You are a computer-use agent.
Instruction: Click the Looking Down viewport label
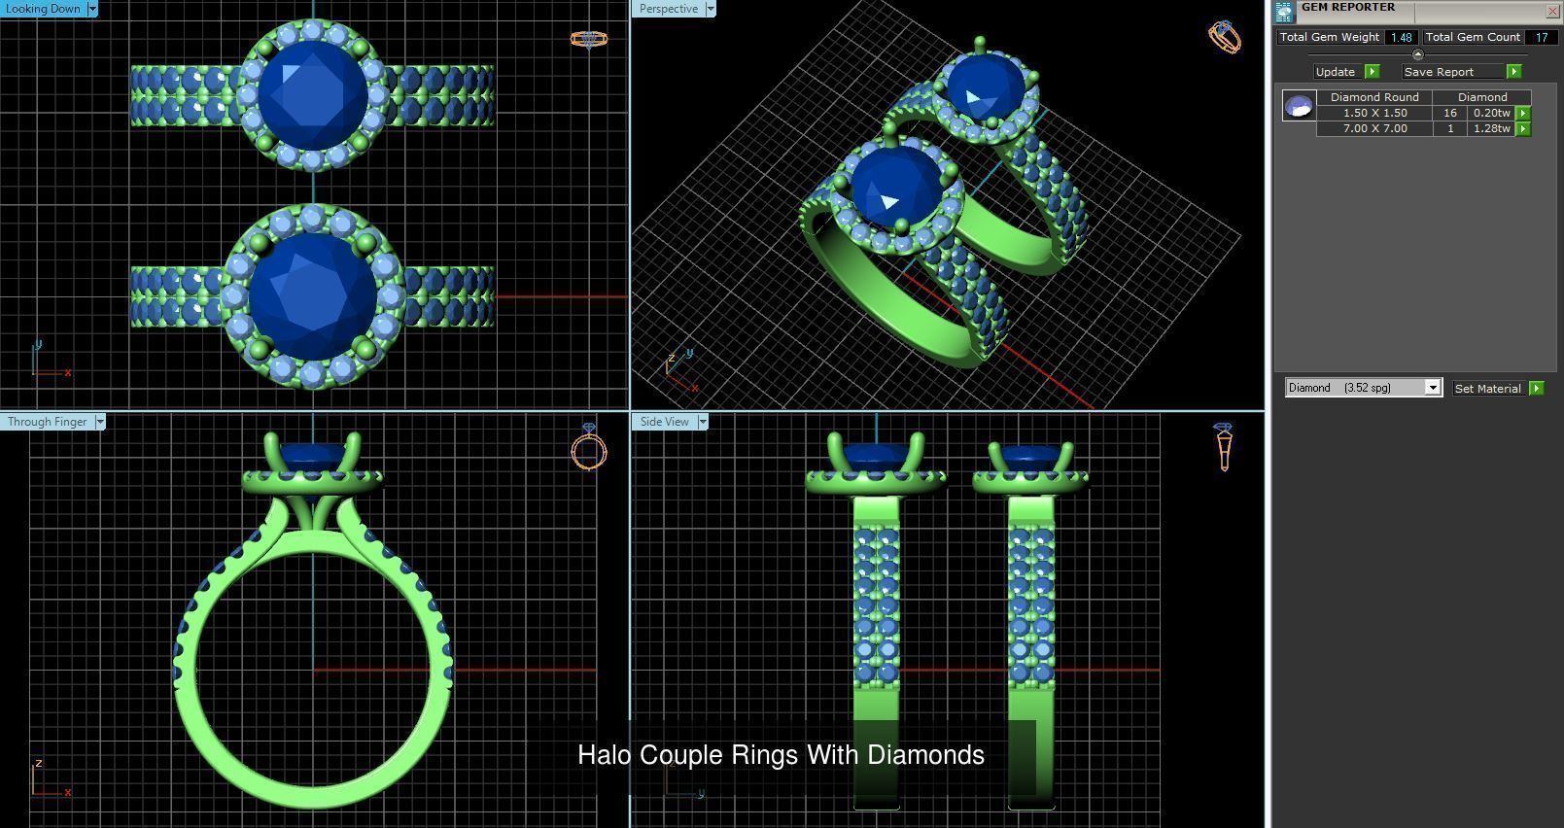43,9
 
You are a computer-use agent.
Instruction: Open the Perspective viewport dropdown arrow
711,9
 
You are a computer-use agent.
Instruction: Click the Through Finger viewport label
47,422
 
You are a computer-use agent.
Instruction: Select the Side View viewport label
664,422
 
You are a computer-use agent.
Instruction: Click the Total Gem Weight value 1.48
1401,37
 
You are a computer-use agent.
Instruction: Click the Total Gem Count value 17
1541,37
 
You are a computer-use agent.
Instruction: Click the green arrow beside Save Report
1513,72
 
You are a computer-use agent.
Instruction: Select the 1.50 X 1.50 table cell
1374,113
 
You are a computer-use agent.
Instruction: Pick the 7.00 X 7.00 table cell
1374,128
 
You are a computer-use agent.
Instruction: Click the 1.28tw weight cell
1491,128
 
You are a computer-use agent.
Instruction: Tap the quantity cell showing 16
1449,113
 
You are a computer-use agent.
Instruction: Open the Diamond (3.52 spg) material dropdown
1432,388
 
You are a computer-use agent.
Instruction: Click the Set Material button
1487,388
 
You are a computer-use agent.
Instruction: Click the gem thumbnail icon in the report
1299,106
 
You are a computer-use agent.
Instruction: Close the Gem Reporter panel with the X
1551,11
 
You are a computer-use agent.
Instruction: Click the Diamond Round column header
1374,97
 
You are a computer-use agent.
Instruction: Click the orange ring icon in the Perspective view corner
1224,37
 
